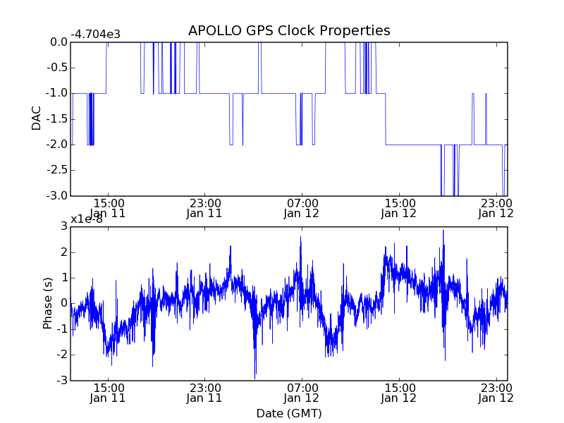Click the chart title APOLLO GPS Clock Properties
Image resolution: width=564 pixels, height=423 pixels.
[x=289, y=31]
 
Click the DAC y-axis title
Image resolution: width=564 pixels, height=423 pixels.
[x=37, y=118]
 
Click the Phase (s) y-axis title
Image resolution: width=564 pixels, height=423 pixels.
[x=47, y=303]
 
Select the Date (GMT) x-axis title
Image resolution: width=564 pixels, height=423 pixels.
[x=289, y=413]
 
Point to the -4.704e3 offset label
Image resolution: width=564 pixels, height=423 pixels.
[x=95, y=35]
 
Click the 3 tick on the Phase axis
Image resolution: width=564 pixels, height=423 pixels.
[x=63, y=226]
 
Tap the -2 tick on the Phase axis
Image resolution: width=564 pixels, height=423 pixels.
[x=61, y=355]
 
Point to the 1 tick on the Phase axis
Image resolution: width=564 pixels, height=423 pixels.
[x=63, y=278]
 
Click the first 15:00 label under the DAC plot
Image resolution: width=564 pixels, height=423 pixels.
[x=108, y=202]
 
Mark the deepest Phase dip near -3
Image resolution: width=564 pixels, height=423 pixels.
[x=255, y=378]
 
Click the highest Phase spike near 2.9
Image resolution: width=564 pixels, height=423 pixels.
[x=443, y=231]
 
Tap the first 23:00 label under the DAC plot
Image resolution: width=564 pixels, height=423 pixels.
[x=204, y=202]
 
